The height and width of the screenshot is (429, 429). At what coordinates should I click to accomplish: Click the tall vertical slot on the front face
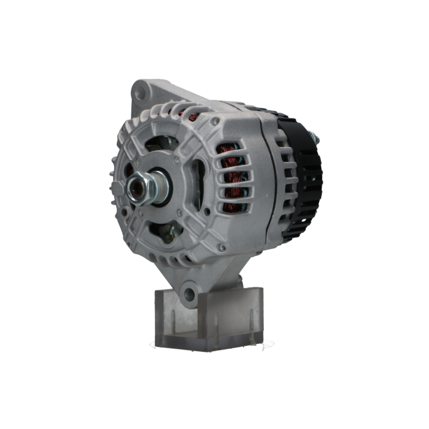pos(198,184)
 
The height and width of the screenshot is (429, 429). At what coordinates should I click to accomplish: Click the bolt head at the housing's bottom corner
pos(222,248)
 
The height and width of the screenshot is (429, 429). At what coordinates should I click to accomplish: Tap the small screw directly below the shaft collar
pos(180,212)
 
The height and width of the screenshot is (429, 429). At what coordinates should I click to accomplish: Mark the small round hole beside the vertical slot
pos(207,211)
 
